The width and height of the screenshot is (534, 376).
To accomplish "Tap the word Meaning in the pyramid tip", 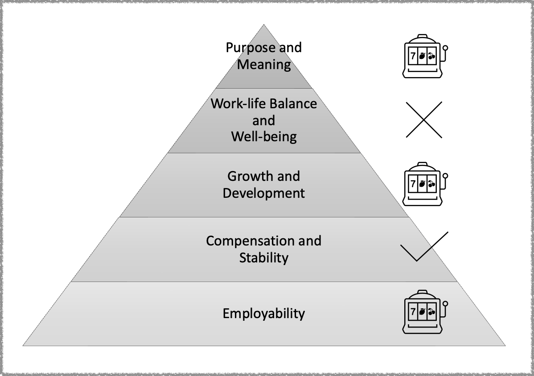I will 264,65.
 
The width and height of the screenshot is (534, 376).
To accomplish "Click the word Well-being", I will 264,136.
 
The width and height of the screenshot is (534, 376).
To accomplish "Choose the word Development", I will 264,193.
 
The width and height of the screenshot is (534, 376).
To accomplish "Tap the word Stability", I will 264,258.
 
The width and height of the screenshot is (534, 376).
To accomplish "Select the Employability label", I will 264,314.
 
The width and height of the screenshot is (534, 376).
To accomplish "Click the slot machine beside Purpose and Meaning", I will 423,56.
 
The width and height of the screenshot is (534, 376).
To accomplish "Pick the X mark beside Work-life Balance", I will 424,119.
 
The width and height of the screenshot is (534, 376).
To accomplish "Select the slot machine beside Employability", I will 423,311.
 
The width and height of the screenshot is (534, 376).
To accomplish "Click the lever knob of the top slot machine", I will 445,47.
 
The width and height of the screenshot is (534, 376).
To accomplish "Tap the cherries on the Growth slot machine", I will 431,184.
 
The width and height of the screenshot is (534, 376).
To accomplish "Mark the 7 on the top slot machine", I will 412,56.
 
